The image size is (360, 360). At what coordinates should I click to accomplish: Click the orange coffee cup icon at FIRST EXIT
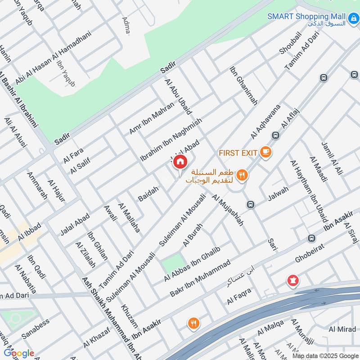coord(265,152)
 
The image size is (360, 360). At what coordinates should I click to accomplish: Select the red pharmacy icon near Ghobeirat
coord(293,281)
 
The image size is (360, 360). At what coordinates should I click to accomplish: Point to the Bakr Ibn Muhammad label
coord(200,278)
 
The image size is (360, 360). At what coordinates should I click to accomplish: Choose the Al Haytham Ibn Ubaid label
coord(308,191)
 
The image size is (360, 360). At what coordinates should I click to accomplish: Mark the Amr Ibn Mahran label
coord(151,117)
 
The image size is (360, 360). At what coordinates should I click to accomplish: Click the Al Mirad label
coord(342,329)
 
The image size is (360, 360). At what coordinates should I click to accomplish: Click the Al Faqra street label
coord(238,297)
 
